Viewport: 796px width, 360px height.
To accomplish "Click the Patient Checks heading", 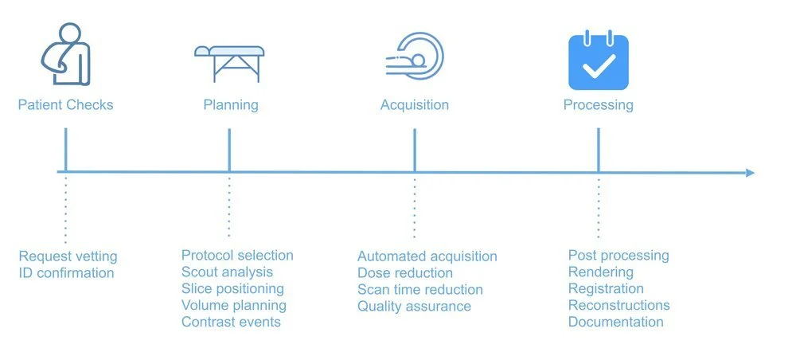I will pyautogui.click(x=65, y=105).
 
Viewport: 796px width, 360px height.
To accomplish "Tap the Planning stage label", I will pyautogui.click(x=231, y=105).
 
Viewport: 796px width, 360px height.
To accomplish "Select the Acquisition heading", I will pyautogui.click(x=414, y=105).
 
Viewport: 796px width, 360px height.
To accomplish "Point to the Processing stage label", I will pyautogui.click(x=598, y=105).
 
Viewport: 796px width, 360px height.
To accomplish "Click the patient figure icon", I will pyautogui.click(x=66, y=54).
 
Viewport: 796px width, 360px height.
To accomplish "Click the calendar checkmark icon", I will pyautogui.click(x=599, y=61).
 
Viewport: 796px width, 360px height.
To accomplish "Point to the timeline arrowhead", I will pyautogui.click(x=749, y=173).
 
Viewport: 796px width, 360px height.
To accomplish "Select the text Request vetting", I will pyautogui.click(x=68, y=256).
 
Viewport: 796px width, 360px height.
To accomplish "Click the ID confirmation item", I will pyautogui.click(x=66, y=273).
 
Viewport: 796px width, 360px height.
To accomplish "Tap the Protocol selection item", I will pyautogui.click(x=237, y=256).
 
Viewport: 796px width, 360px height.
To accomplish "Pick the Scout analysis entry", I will pyautogui.click(x=227, y=272).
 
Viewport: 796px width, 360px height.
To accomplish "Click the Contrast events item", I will pyautogui.click(x=231, y=322).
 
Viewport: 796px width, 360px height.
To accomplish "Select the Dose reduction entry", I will pyautogui.click(x=405, y=273).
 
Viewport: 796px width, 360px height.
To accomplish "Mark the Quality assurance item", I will pyautogui.click(x=414, y=306).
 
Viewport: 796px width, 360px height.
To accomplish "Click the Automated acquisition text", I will pyautogui.click(x=427, y=256).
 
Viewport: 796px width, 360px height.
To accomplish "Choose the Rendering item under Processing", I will pyautogui.click(x=601, y=272).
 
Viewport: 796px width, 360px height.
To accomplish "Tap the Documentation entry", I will pyautogui.click(x=615, y=322).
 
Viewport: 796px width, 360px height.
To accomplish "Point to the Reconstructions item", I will pyautogui.click(x=618, y=305).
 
